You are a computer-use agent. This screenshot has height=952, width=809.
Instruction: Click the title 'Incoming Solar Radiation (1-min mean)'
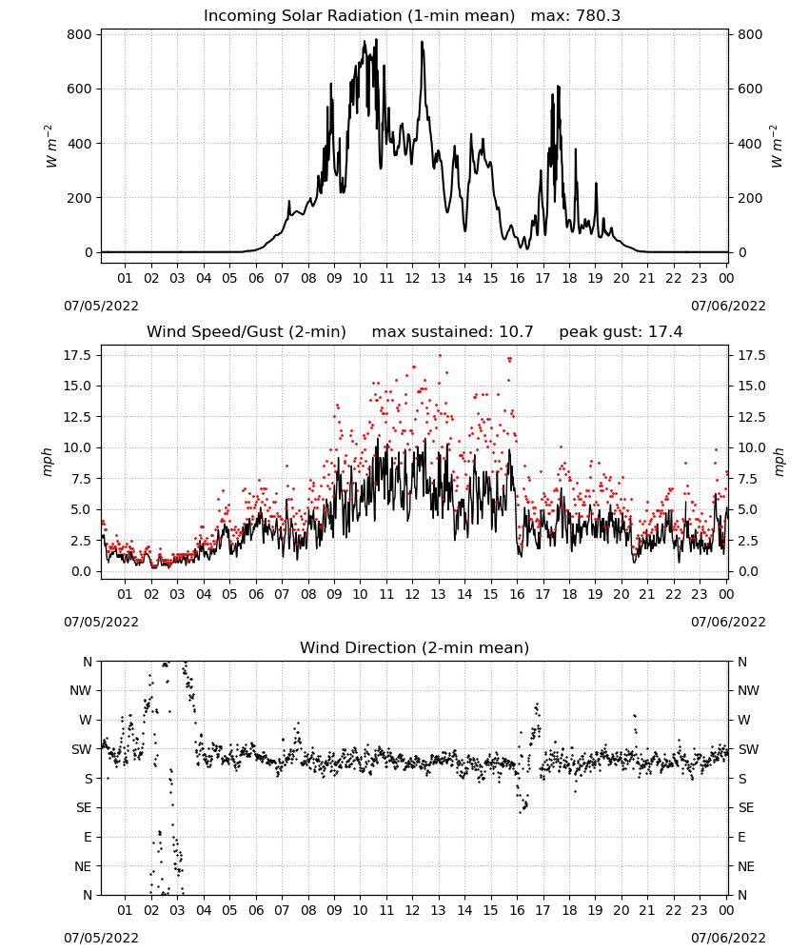[359, 16]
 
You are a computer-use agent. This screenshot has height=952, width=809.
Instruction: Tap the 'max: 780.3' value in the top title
[576, 16]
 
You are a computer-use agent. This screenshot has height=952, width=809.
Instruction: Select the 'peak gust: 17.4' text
[621, 332]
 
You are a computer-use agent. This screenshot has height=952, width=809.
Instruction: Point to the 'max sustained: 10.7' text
[452, 332]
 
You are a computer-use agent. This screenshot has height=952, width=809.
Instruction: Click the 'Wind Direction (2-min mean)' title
[415, 647]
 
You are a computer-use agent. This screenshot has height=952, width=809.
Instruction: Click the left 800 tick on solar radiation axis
[80, 34]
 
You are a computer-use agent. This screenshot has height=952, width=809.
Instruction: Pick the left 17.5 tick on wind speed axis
[77, 355]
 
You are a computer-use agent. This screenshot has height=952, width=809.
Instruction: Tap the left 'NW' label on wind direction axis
[81, 690]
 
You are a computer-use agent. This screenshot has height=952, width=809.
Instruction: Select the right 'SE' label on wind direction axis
[746, 807]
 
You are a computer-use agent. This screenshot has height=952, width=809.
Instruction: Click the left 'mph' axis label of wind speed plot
[48, 462]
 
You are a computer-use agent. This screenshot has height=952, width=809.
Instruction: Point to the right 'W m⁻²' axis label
[777, 147]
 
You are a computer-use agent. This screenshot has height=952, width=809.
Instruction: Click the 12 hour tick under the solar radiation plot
[412, 278]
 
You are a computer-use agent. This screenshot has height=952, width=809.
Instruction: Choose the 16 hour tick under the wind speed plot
[517, 594]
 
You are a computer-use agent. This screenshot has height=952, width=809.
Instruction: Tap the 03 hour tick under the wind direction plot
[177, 910]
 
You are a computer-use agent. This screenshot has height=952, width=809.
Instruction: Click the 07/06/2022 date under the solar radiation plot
[728, 306]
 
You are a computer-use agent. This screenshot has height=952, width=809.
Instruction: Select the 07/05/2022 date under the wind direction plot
[101, 938]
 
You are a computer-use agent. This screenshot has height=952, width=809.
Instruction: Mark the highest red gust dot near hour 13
[440, 356]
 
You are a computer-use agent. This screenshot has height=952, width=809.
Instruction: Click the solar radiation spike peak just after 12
[422, 42]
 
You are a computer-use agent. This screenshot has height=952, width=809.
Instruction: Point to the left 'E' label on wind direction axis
[88, 837]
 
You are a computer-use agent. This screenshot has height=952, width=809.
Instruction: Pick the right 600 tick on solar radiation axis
[750, 89]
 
